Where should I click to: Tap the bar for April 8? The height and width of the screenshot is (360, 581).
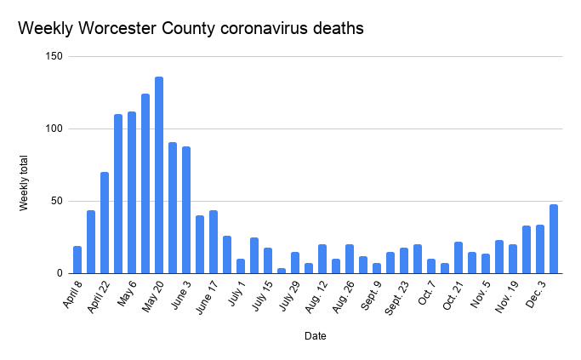pos(77,260)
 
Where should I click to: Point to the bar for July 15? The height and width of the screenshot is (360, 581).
pos(268,260)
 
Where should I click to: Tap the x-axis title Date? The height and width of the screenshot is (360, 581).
pos(315,336)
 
